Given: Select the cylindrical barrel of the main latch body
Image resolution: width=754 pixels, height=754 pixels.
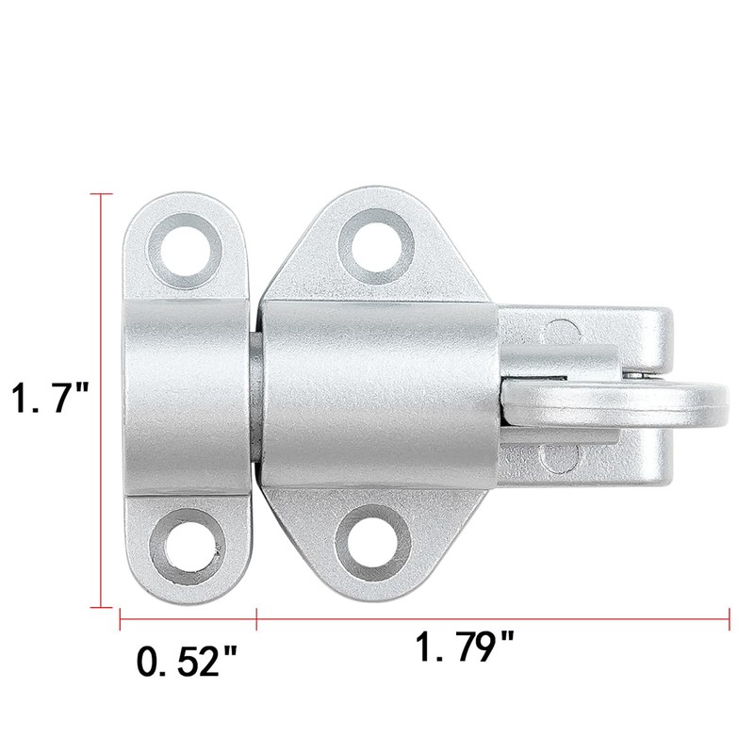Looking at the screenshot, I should tap(377, 395).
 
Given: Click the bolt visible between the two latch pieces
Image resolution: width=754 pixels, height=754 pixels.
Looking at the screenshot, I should tap(255, 396).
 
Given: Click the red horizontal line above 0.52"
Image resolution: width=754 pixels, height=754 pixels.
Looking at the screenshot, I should tap(188, 619).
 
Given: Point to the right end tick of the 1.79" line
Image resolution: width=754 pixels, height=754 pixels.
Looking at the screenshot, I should tap(729, 619).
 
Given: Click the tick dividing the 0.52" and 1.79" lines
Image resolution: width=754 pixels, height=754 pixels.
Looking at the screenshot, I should tap(256, 619).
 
